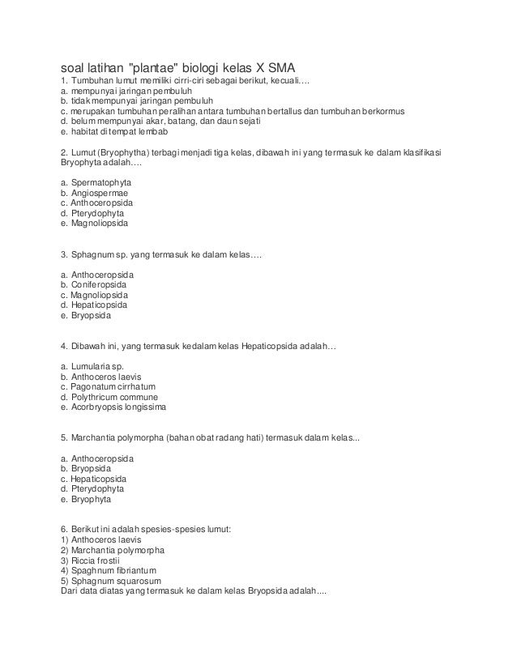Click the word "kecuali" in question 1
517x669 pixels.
tap(303, 81)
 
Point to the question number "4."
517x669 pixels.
tap(65, 347)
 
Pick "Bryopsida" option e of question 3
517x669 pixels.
tap(91, 316)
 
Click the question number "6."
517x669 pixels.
tap(65, 530)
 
